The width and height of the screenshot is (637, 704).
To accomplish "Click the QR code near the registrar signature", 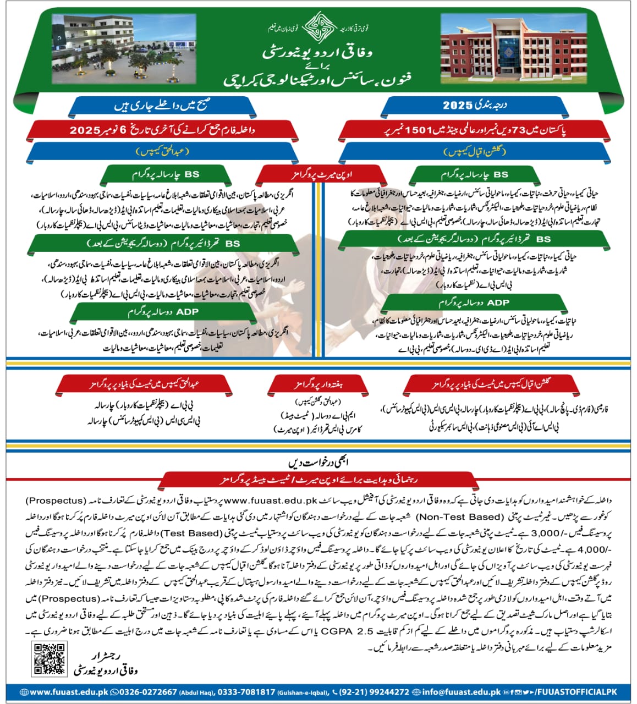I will (x=46, y=659).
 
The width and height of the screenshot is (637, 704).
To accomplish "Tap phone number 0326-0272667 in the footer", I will (x=144, y=692).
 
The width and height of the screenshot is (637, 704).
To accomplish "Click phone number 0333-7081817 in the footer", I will (x=246, y=692).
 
